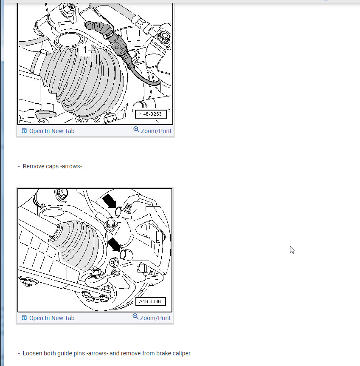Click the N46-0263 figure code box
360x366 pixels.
(151, 114)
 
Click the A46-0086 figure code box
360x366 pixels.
(151, 301)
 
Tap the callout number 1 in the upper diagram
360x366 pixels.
(85, 50)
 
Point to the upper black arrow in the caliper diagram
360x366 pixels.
(110, 201)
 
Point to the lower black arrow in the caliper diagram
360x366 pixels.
(114, 244)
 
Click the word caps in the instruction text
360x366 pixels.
(52, 167)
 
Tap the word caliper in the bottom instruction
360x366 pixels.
(182, 353)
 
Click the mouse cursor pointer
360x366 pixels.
(292, 250)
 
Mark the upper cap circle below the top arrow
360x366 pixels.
(118, 211)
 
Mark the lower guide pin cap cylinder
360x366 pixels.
(126, 255)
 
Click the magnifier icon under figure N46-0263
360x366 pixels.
(136, 130)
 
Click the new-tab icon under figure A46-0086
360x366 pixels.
(24, 318)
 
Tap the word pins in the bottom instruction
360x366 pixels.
(79, 353)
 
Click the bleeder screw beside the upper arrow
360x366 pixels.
(128, 208)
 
